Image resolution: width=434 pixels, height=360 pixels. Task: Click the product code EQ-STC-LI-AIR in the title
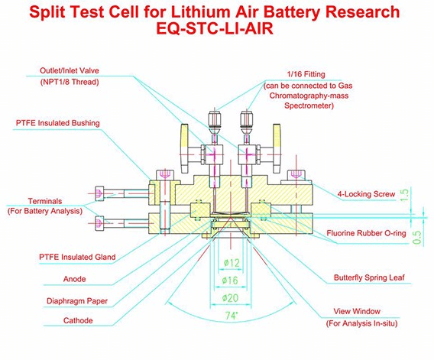point(215,28)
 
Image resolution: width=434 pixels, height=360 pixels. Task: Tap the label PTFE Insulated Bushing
point(58,123)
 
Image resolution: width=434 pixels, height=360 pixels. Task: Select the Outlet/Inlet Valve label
point(70,70)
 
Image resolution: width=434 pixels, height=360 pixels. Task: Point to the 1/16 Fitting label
point(306,74)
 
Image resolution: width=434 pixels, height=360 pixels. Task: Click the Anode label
point(74,279)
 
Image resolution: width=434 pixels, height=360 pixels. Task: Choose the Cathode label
point(78,320)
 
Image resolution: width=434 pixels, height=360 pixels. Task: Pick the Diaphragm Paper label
point(77,301)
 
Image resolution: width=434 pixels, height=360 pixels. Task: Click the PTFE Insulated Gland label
point(77,257)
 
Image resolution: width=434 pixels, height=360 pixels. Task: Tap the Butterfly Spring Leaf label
point(369,277)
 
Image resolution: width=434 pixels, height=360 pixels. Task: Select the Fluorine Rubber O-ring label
point(366,233)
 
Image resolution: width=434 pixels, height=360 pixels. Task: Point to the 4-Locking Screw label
point(366,194)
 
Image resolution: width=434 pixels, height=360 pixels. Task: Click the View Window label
point(357,311)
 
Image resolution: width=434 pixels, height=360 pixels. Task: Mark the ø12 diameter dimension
point(232,262)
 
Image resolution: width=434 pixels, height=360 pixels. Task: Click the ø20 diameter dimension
point(230,298)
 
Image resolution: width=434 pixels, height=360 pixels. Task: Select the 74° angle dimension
point(232,316)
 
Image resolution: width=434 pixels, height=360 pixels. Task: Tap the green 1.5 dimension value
point(404,195)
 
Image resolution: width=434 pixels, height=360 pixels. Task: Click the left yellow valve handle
point(185,148)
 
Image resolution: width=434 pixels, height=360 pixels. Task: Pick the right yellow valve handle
point(277,148)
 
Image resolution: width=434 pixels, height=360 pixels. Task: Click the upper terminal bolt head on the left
point(99,193)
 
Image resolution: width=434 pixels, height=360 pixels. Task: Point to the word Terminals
point(45,201)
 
